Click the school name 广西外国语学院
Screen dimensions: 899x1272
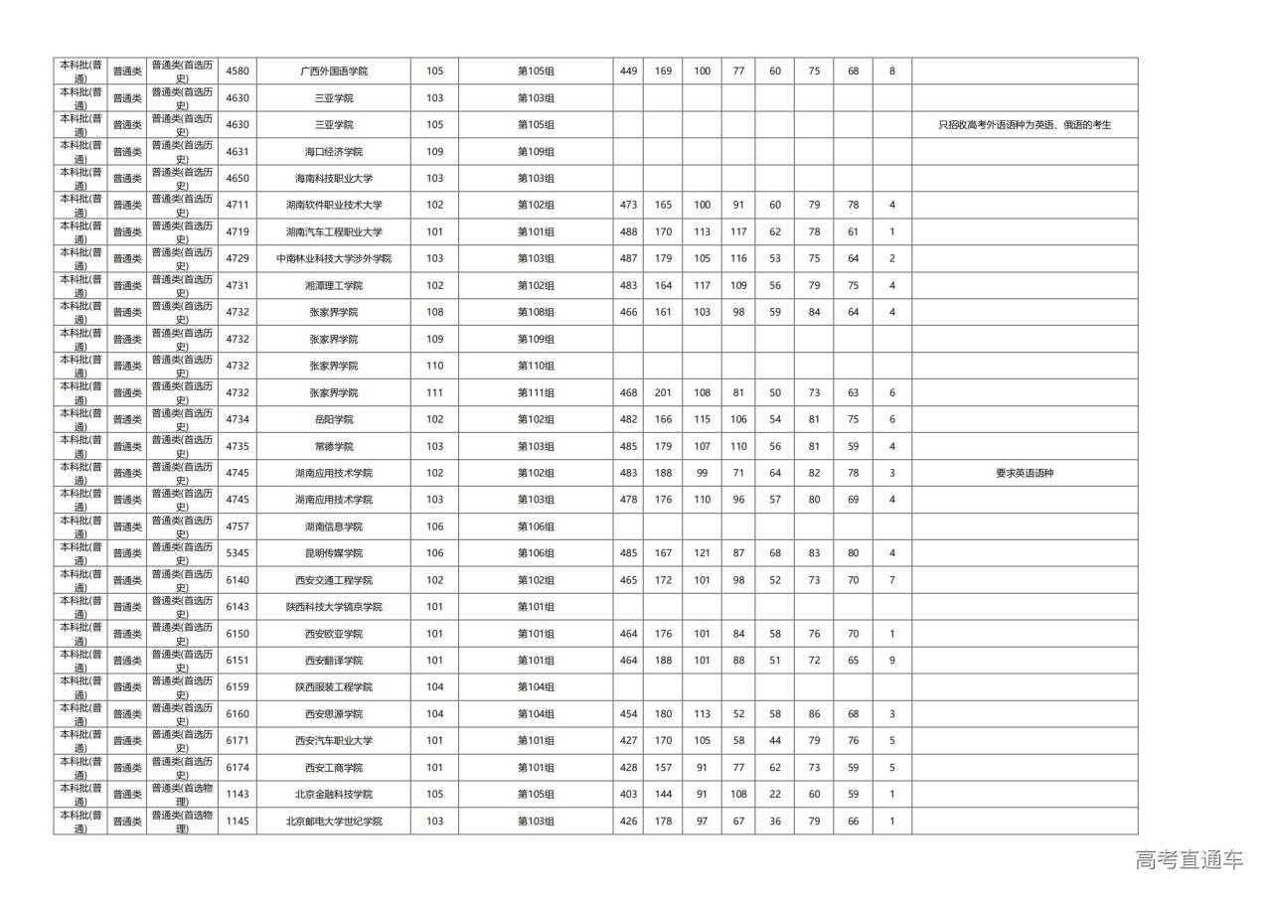pos(333,72)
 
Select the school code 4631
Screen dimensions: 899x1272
pos(238,152)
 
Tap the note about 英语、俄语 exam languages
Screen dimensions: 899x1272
pos(1025,125)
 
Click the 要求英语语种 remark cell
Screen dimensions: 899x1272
pos(1025,473)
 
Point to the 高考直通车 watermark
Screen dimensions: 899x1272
pos(1189,860)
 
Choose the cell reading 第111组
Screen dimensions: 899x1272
pos(536,392)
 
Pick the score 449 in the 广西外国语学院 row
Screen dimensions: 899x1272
pos(628,72)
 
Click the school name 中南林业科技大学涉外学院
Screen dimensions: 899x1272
pos(333,258)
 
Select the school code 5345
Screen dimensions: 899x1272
pos(238,553)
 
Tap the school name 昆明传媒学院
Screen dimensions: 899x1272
pos(333,553)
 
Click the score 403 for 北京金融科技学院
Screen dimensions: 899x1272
pos(628,794)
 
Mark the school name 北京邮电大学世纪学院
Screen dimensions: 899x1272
pos(333,822)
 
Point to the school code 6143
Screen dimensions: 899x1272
pos(238,607)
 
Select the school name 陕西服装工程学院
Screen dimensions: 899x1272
pos(333,687)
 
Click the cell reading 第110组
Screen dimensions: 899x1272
pos(536,366)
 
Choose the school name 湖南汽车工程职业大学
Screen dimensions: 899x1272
pos(333,232)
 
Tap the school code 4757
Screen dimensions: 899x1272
pos(238,526)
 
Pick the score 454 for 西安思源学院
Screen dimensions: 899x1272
pos(628,714)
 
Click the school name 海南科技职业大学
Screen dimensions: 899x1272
pos(333,179)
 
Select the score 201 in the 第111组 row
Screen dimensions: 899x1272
pos(663,392)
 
